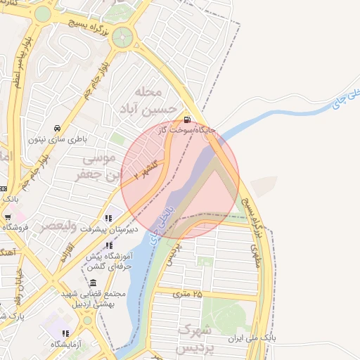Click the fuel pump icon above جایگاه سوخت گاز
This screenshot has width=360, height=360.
pyautogui.click(x=186, y=119)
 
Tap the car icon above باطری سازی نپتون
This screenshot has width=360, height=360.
pyautogui.click(x=56, y=128)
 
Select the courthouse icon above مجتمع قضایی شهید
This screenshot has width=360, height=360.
pyautogui.click(x=93, y=283)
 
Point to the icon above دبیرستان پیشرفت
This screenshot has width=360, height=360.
pyautogui.click(x=108, y=219)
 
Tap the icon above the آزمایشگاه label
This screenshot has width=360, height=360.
pyautogui.click(x=65, y=333)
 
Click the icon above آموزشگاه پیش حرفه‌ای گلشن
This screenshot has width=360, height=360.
pyautogui.click(x=109, y=245)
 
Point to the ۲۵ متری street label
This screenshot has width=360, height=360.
pyautogui.click(x=188, y=294)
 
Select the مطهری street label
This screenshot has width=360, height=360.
pyautogui.click(x=255, y=257)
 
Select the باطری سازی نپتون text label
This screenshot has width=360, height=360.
pyautogui.click(x=57, y=139)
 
